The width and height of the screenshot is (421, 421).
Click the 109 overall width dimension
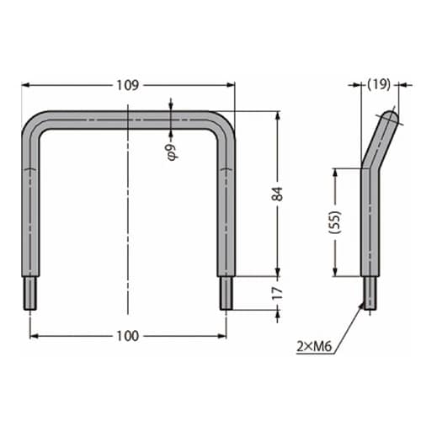[x=128, y=84]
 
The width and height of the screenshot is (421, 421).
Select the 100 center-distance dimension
[x=127, y=336]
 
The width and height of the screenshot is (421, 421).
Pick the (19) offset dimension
[x=380, y=84]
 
